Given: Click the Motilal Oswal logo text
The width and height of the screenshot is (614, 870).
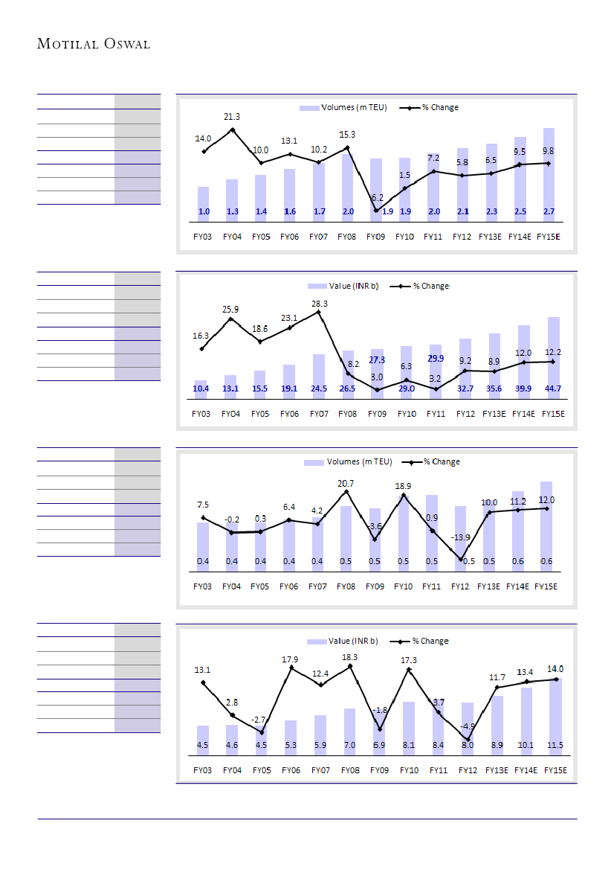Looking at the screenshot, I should pos(94,45).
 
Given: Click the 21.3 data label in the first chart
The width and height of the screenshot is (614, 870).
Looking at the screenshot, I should pos(232,117).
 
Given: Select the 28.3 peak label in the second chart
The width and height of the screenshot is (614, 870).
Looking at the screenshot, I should pos(319,303).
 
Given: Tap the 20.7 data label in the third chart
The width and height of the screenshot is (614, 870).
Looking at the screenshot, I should pos(346,484).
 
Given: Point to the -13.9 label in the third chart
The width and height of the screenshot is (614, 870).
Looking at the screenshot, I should pos(461,537).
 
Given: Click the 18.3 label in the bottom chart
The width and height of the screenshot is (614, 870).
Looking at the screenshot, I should pos(350,657).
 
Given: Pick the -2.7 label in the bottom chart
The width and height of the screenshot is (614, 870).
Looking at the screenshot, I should pos(259,720).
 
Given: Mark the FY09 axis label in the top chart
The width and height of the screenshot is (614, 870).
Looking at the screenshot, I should pos(375,237).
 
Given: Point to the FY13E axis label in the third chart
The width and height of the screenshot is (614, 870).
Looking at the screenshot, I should pos(488,586).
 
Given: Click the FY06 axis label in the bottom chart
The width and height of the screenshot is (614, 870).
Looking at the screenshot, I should pos(291,770).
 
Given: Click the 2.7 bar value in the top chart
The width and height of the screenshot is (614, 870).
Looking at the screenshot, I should pos(549,212).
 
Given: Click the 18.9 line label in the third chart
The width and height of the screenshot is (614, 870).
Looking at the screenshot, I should pos(402,487).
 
